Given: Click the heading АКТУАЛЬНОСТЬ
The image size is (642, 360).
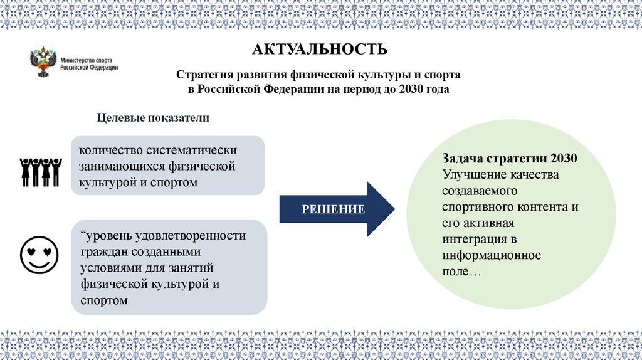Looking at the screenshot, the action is point(320,49).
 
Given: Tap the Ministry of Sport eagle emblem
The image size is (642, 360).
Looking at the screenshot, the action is point(43,63).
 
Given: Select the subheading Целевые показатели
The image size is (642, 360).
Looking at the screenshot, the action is point(152,118).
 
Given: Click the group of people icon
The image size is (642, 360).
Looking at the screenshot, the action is point(39,171).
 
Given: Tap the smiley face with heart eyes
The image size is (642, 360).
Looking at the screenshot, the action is point(39,254).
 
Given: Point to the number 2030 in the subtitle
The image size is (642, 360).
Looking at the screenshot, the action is point(411,90).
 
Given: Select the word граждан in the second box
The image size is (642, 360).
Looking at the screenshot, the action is point(102,252).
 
